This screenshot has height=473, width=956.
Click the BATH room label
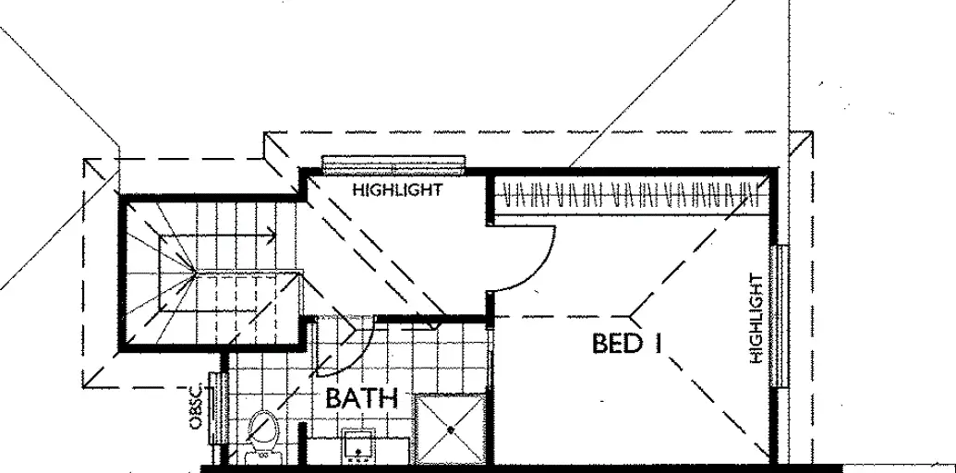pos(361,400)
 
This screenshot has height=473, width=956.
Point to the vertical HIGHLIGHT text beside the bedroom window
pos(756,317)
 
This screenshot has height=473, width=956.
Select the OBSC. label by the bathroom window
pos(195,407)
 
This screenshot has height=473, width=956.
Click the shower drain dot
pos(450,429)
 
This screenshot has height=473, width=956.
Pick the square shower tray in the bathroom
pos(450,429)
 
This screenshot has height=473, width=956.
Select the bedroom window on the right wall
pos(781,316)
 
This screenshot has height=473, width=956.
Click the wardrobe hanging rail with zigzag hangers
pos(628,196)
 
